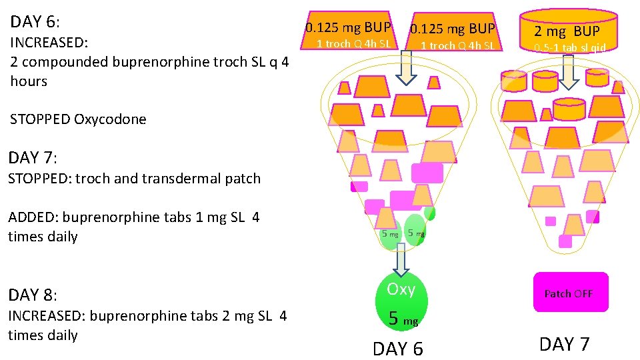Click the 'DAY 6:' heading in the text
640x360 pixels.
click(x=35, y=22)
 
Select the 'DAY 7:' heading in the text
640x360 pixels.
click(x=33, y=159)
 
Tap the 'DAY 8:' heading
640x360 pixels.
click(x=33, y=295)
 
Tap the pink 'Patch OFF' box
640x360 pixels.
click(x=570, y=293)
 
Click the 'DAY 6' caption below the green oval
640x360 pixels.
click(x=398, y=349)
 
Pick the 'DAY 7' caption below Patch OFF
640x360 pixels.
click(x=564, y=344)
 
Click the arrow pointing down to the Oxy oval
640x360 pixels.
click(x=399, y=259)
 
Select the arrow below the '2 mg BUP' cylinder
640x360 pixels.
click(x=567, y=71)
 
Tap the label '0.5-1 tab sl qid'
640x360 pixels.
click(x=569, y=48)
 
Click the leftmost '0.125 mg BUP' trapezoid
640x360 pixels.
click(x=348, y=31)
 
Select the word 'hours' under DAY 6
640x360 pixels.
click(x=29, y=81)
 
